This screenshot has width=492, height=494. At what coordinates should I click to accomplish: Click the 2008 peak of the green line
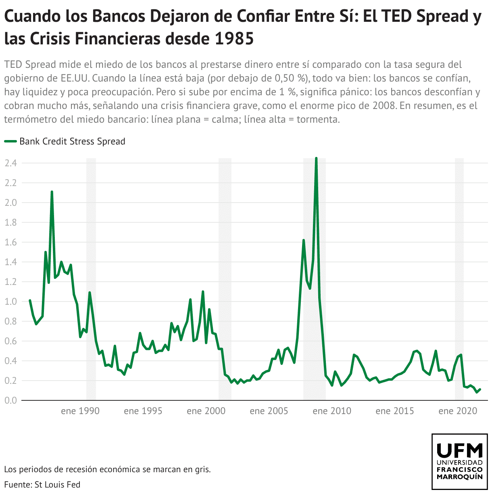point(316,159)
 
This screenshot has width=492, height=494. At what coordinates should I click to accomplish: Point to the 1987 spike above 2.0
point(52,192)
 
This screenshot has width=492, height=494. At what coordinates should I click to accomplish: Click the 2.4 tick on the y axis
point(10,163)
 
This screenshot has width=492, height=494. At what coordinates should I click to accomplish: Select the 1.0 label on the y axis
point(10,301)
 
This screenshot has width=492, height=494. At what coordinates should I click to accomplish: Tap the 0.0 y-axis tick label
point(10,400)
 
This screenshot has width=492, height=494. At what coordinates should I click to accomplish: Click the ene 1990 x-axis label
point(80,411)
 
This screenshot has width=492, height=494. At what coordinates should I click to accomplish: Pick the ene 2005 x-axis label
point(269,411)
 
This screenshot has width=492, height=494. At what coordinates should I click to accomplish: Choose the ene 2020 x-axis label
point(458,411)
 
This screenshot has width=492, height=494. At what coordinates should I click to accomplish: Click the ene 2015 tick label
point(395,411)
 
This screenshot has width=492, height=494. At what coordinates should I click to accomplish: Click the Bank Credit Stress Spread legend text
point(72,141)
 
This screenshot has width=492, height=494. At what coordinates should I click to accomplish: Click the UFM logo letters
point(460,450)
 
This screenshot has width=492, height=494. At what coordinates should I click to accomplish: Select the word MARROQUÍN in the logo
point(460,477)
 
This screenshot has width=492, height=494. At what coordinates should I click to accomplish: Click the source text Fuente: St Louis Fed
point(42,484)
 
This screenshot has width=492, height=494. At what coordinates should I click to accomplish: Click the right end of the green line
point(480,389)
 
